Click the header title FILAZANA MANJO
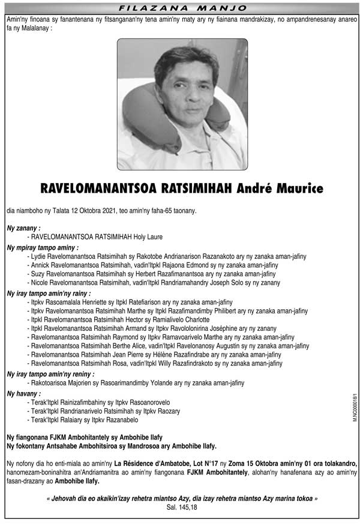(181, 8)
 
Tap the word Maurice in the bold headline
(302, 189)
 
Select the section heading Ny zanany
(23, 229)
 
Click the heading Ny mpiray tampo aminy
(42, 247)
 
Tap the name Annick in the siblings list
(41, 265)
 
